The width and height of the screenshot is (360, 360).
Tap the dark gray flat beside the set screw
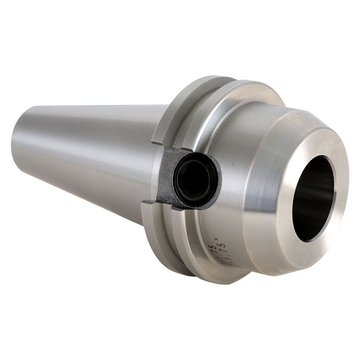tap(165, 176)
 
